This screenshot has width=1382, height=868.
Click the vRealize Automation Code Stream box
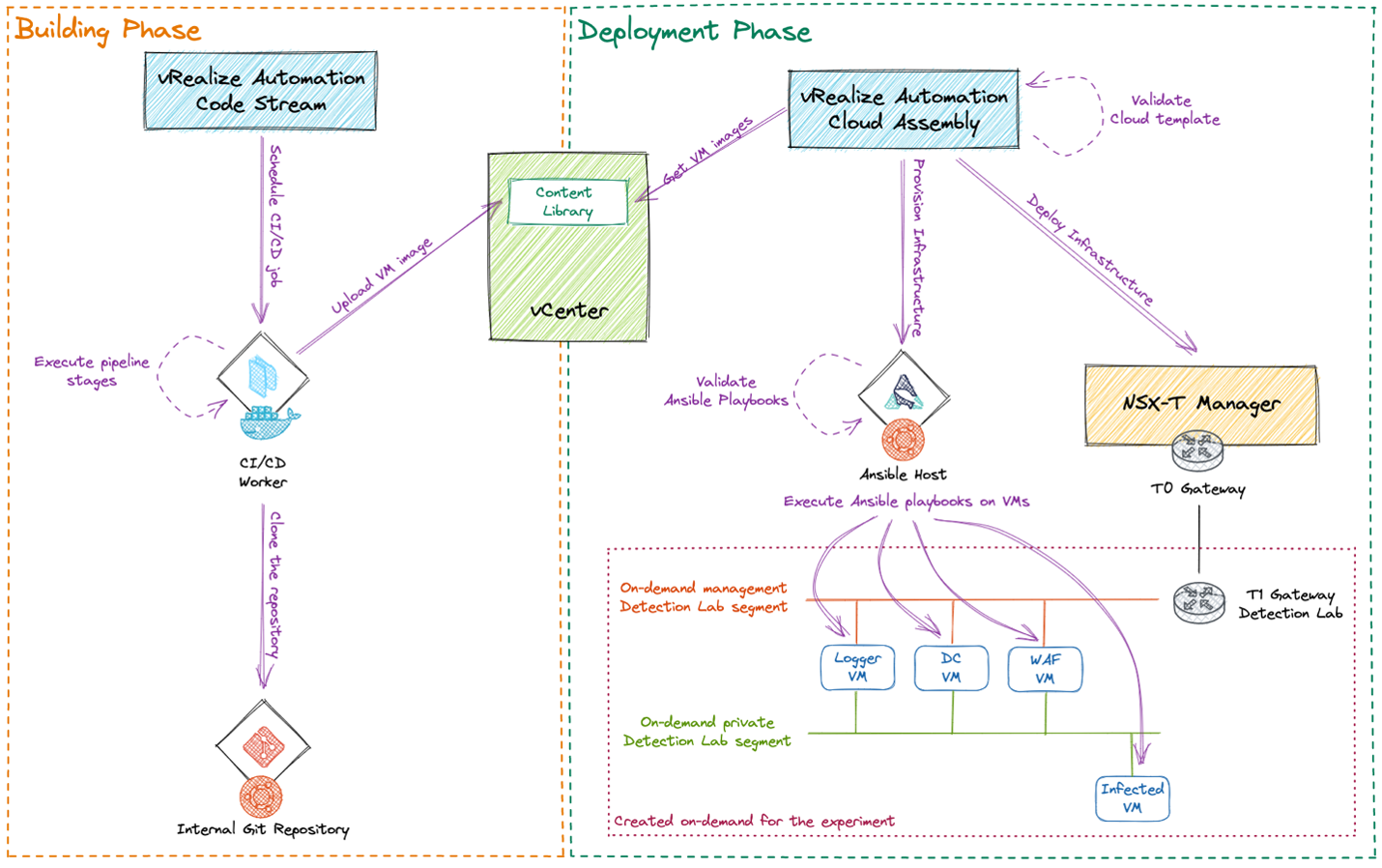click(260, 91)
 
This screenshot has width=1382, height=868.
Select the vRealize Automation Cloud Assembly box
click(904, 109)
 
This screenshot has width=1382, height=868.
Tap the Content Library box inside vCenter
click(567, 202)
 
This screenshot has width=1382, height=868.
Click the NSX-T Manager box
click(1200, 403)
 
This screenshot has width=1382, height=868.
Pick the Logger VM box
click(857, 668)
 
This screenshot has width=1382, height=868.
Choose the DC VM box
click(951, 668)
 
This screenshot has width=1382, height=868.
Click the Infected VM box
click(1133, 798)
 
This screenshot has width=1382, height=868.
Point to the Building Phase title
click(108, 30)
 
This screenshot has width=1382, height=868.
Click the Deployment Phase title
click(695, 32)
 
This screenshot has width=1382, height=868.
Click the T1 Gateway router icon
click(1198, 602)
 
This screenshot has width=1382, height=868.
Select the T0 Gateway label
click(1198, 489)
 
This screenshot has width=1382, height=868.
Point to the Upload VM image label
click(381, 276)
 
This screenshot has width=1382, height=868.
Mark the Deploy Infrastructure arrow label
click(1090, 249)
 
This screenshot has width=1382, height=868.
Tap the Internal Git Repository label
click(263, 829)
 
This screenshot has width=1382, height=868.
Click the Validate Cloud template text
click(1164, 110)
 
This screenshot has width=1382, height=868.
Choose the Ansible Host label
click(903, 475)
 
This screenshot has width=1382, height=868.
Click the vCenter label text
click(569, 311)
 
